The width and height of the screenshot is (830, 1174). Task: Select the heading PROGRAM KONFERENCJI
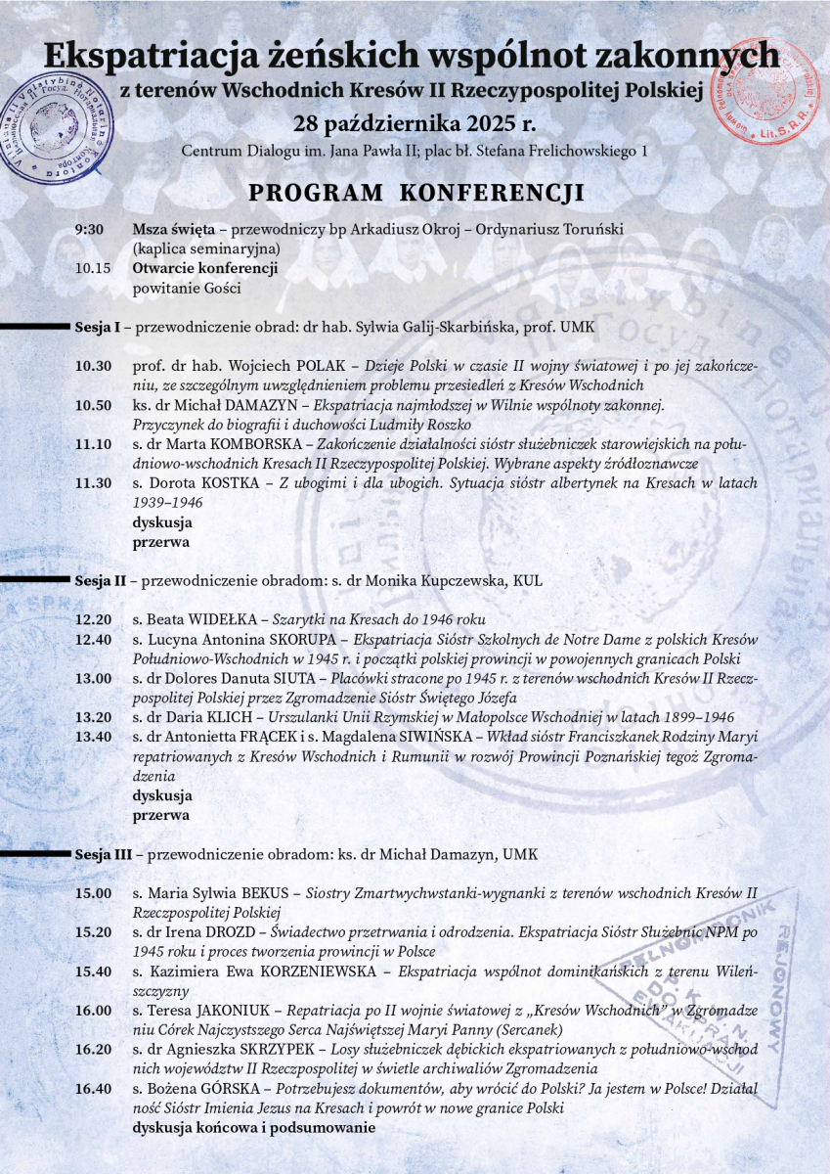tap(415, 192)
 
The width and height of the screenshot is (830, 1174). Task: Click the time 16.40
tap(94, 1089)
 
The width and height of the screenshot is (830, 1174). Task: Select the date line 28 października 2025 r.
tap(415, 125)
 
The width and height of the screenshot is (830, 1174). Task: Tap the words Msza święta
tap(174, 230)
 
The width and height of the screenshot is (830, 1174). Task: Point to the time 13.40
tap(94, 737)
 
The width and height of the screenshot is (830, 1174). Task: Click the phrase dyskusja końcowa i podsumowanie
tap(254, 1128)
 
